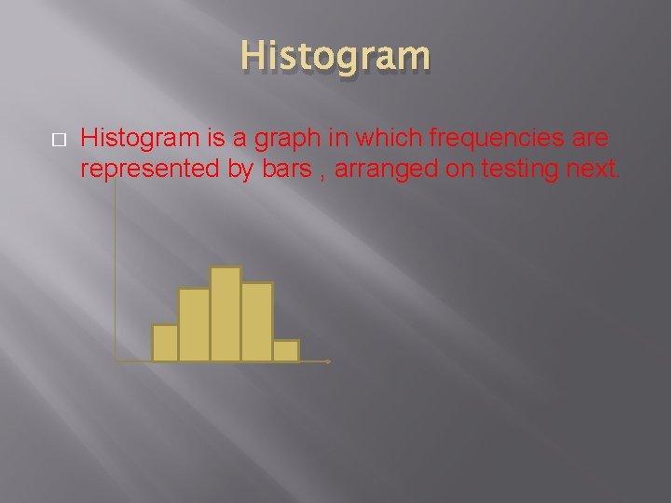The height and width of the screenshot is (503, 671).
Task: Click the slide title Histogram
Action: click(335, 56)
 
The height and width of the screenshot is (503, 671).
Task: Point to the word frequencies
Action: click(498, 139)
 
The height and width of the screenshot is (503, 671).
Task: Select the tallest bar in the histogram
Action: click(226, 314)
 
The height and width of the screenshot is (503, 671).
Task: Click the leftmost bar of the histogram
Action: click(165, 343)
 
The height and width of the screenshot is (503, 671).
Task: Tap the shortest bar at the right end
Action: click(286, 350)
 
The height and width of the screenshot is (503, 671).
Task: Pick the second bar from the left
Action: click(194, 325)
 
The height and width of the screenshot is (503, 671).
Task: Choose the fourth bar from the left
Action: click(256, 321)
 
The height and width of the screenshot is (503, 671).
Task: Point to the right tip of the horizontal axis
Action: click(329, 360)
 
